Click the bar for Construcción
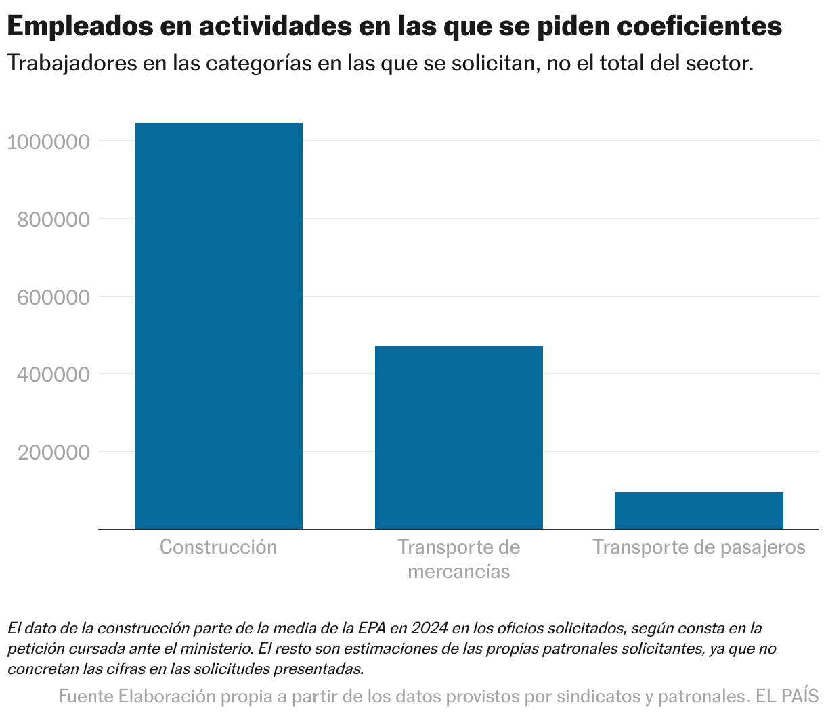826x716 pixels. (x=219, y=326)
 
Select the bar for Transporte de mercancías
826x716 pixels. (x=458, y=437)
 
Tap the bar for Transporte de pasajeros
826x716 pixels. (x=699, y=510)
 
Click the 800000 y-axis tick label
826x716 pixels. (x=53, y=220)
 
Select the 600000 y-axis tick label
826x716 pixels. (x=53, y=298)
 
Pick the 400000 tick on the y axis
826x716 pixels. (x=53, y=375)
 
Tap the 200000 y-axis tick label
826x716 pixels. (x=53, y=453)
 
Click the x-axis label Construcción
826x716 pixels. (x=219, y=547)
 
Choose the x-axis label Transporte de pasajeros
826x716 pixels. (x=699, y=547)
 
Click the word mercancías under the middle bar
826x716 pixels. (x=458, y=571)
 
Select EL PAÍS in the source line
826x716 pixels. (x=787, y=696)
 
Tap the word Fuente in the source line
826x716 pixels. (x=86, y=696)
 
